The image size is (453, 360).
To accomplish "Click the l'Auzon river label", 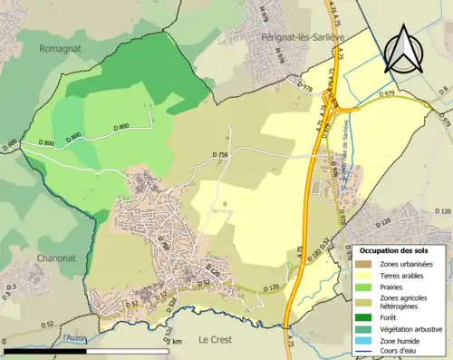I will point(76,338).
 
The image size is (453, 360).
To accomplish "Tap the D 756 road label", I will point(221,156).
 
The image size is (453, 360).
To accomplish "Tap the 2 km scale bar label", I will point(175,342).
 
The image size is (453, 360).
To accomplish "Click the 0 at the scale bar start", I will point(5,342).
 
